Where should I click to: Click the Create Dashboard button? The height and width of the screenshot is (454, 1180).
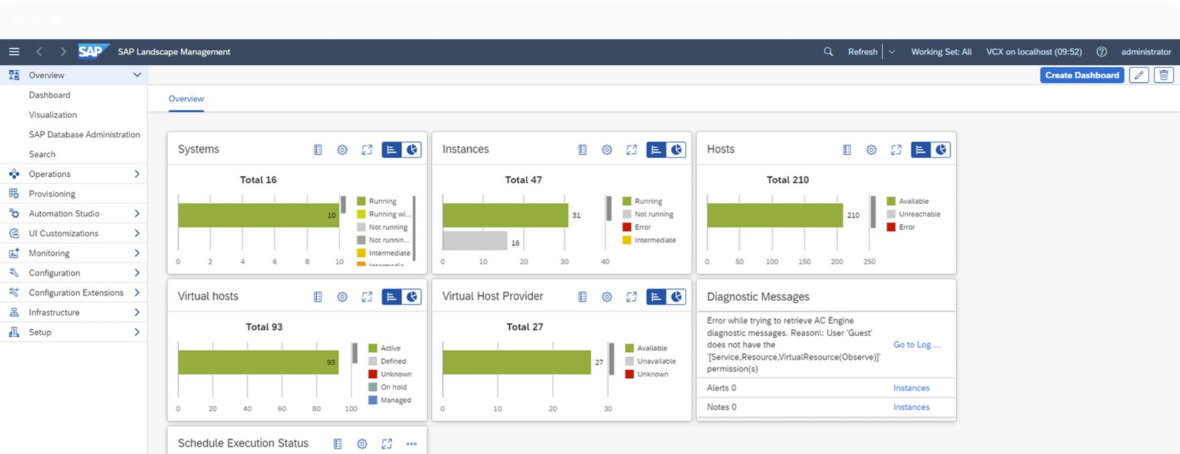click(x=1082, y=75)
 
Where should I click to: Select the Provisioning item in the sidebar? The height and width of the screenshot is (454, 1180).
click(x=52, y=194)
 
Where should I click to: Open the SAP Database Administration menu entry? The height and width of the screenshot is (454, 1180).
click(x=84, y=134)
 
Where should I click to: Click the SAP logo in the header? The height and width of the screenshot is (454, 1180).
click(x=94, y=51)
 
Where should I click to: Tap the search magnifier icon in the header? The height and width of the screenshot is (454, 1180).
click(x=829, y=51)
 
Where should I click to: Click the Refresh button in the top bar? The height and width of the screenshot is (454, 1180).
click(x=863, y=51)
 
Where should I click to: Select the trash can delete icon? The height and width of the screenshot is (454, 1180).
click(x=1164, y=75)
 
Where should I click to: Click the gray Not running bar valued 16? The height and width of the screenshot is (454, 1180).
click(x=475, y=240)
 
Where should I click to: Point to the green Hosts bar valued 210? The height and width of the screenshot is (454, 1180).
click(x=775, y=215)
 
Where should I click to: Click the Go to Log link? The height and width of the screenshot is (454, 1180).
click(x=917, y=345)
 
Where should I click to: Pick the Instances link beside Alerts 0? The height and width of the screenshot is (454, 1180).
click(x=911, y=388)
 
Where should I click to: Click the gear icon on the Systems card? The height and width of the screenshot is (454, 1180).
click(x=342, y=150)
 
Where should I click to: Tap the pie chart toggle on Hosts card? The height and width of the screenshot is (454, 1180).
click(x=941, y=150)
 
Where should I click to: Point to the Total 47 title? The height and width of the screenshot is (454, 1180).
click(x=523, y=180)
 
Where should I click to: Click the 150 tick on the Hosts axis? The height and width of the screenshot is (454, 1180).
click(x=804, y=262)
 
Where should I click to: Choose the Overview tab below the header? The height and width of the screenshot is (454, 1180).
click(x=186, y=99)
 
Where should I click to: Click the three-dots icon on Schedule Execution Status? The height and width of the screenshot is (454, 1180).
click(x=412, y=443)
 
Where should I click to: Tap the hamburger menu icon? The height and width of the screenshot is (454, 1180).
click(x=14, y=51)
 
